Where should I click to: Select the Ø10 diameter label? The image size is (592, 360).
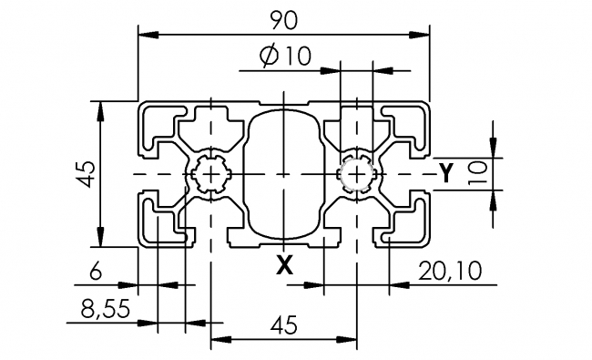pyautogui.click(x=285, y=57)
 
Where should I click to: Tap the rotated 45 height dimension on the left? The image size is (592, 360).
pyautogui.click(x=85, y=173)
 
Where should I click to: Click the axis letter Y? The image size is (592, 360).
pyautogui.click(x=446, y=172)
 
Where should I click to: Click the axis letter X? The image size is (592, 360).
pyautogui.click(x=284, y=264)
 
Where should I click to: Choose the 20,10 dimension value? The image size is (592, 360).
pyautogui.click(x=450, y=271)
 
